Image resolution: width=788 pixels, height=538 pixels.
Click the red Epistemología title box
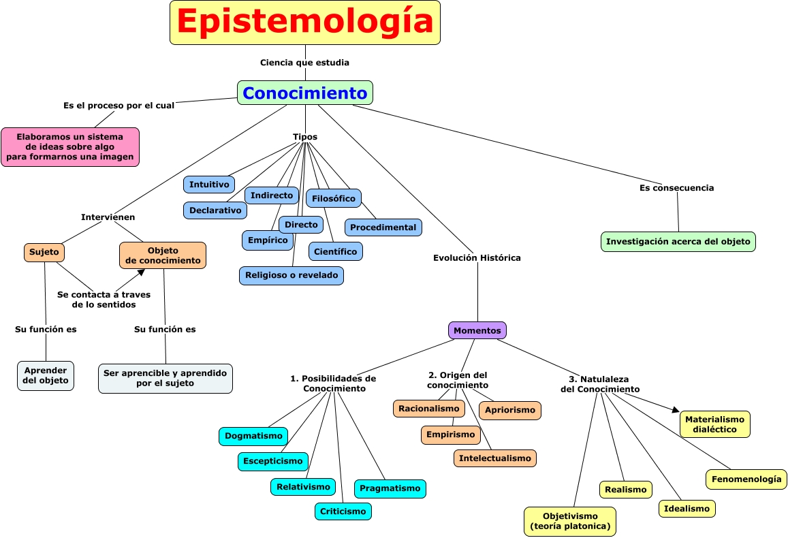click(x=304, y=22)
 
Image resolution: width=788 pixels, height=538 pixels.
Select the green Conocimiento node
click(x=305, y=93)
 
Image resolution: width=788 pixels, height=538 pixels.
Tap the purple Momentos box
click(x=477, y=330)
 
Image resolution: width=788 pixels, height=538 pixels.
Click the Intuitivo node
click(x=209, y=185)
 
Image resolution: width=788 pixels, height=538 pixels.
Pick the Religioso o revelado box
click(x=291, y=276)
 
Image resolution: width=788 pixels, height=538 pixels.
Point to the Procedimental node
click(x=383, y=227)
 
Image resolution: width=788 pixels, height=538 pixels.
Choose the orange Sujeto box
click(x=44, y=252)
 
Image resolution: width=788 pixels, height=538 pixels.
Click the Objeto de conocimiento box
click(x=163, y=255)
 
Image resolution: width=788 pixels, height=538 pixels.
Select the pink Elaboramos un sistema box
click(x=70, y=147)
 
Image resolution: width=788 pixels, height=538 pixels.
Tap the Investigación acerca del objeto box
click(x=678, y=242)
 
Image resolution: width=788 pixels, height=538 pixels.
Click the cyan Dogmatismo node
click(x=253, y=436)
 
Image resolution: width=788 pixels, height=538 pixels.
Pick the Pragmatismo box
click(x=390, y=488)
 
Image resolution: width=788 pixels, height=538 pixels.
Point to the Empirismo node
click(x=450, y=434)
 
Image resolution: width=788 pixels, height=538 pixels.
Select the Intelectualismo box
click(x=494, y=458)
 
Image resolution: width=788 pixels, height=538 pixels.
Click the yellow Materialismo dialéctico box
click(x=714, y=424)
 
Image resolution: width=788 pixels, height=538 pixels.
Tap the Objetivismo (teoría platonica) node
click(x=570, y=522)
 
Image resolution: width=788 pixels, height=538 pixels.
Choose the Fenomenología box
click(x=746, y=479)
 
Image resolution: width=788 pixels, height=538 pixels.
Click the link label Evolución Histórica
click(x=477, y=258)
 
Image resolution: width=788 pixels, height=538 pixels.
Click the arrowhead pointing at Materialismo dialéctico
click(x=676, y=409)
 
